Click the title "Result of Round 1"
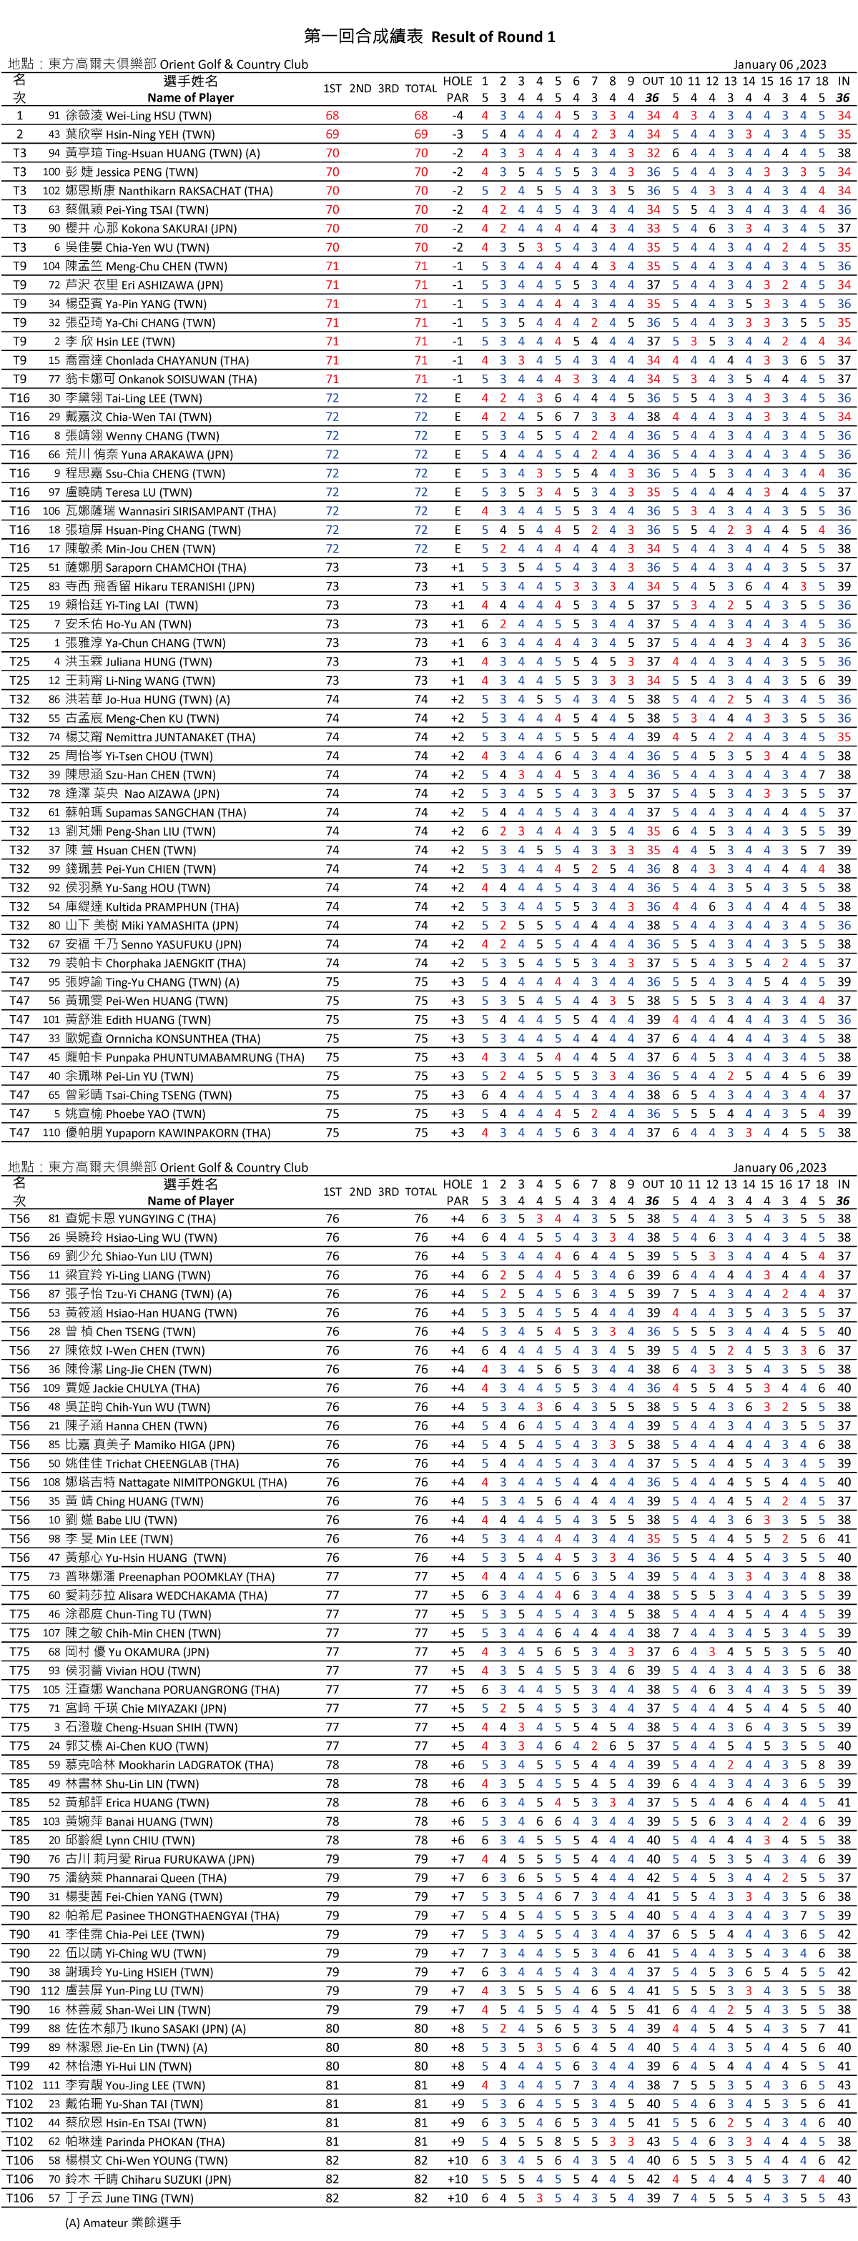click(x=493, y=36)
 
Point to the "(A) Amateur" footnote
click(x=123, y=2222)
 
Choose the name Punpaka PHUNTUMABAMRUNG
click(x=204, y=1058)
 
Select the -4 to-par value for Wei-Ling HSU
click(x=458, y=116)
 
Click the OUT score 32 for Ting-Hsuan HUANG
click(x=653, y=153)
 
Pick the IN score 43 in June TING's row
click(x=843, y=2197)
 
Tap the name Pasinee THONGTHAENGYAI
click(x=192, y=1916)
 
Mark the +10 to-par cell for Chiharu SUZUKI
click(x=458, y=2180)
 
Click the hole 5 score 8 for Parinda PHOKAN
click(x=558, y=2142)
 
